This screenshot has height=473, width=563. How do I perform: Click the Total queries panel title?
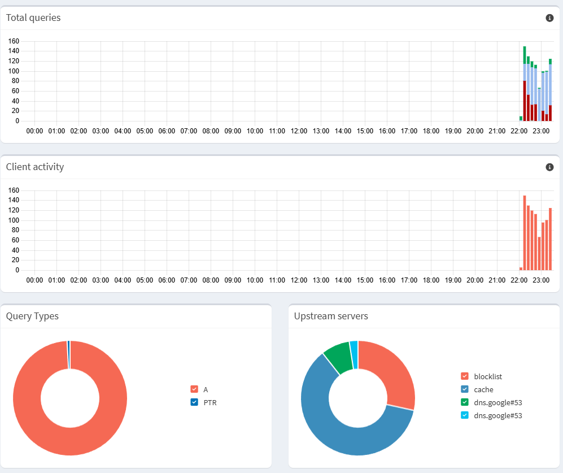pos(33,18)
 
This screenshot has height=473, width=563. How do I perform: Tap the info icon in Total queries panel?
pos(549,18)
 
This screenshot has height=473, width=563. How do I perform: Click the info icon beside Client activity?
pos(549,167)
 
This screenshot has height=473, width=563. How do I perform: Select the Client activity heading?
pos(35,167)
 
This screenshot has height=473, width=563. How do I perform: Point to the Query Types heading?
pos(32,316)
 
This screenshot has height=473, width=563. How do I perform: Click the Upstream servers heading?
pos(331,316)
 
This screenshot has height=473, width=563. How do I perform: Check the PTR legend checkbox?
pos(194,402)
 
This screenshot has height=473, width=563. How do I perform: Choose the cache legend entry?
pos(483,389)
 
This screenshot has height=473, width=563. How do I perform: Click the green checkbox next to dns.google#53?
pos(465,402)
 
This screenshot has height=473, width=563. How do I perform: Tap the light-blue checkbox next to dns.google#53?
pos(465,415)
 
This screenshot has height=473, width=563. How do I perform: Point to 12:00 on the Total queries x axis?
pos(299,131)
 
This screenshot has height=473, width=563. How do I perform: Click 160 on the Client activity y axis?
pos(14,190)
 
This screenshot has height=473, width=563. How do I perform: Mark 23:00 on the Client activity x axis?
pos(541,280)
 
